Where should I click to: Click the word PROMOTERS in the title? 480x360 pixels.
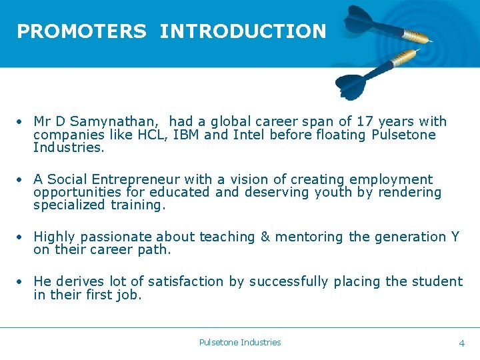pyautogui.click(x=81, y=31)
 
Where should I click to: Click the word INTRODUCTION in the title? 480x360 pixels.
pyautogui.click(x=243, y=31)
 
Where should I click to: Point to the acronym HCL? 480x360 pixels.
pyautogui.click(x=154, y=135)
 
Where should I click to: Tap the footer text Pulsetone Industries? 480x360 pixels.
pyautogui.click(x=240, y=342)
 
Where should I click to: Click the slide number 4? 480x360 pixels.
pyautogui.click(x=461, y=343)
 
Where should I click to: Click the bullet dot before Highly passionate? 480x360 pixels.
pyautogui.click(x=22, y=237)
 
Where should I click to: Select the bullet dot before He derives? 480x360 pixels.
pyautogui.click(x=22, y=282)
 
